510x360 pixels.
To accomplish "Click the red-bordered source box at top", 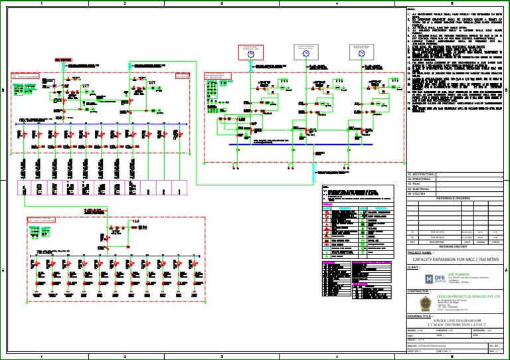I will pyautogui.click(x=250, y=49).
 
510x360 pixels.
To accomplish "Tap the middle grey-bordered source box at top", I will pyautogui.click(x=306, y=49).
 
